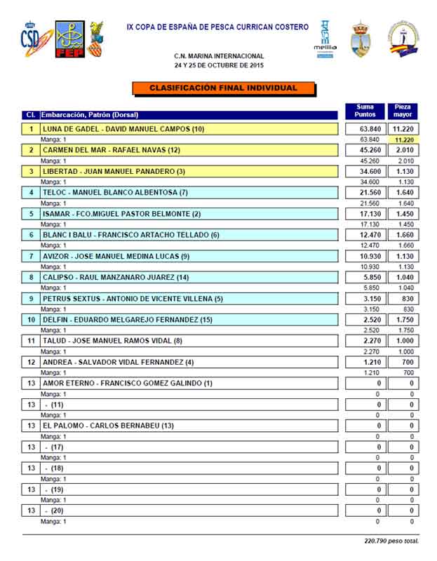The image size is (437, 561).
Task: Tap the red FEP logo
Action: (x=69, y=41)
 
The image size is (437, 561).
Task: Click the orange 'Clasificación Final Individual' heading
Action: (x=223, y=88)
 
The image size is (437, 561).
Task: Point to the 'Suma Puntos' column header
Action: (x=365, y=111)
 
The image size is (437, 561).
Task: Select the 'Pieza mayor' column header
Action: (x=403, y=111)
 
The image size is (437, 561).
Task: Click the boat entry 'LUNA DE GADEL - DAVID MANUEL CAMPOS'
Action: (x=123, y=129)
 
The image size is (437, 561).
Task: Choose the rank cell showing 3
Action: (x=31, y=171)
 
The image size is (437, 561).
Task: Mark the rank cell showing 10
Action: (x=31, y=320)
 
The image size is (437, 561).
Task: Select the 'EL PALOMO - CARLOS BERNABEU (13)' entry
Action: (x=109, y=426)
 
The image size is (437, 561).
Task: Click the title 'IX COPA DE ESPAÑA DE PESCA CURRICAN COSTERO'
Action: (x=217, y=27)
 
